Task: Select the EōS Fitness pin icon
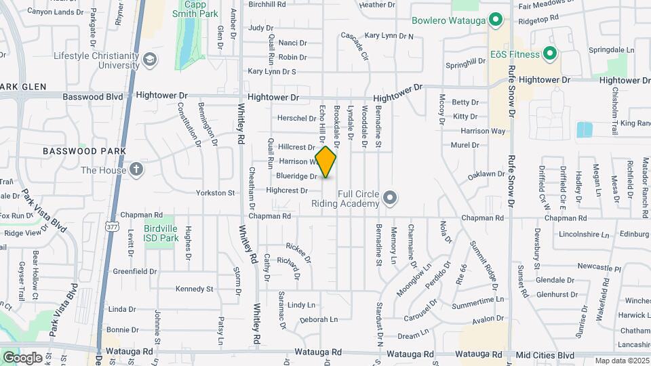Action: click(x=549, y=54)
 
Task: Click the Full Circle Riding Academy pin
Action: click(x=389, y=198)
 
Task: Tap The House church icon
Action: click(x=136, y=169)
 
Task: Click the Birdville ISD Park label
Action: click(x=161, y=234)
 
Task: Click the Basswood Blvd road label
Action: click(x=93, y=96)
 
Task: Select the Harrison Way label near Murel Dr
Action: click(x=483, y=131)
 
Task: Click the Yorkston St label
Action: click(x=215, y=193)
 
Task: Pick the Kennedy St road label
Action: click(x=194, y=289)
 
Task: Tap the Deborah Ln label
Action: click(x=318, y=319)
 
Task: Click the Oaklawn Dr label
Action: click(x=486, y=174)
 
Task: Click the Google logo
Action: click(x=22, y=357)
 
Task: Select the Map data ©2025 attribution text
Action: click(x=620, y=361)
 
